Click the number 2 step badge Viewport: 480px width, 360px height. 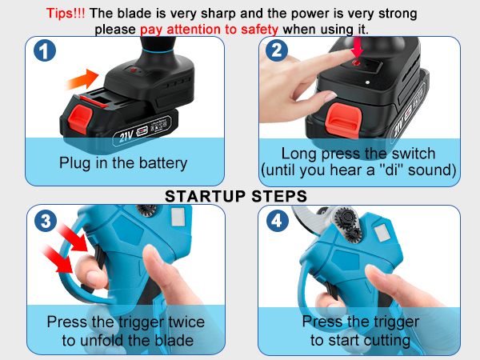coord(277,52)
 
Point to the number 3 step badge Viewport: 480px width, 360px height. coord(46,222)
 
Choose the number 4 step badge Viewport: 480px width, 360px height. coord(277,222)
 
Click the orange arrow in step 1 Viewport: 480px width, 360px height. coord(83,80)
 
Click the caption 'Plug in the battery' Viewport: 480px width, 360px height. coord(123,163)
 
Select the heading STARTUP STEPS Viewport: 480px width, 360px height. coord(236,195)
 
